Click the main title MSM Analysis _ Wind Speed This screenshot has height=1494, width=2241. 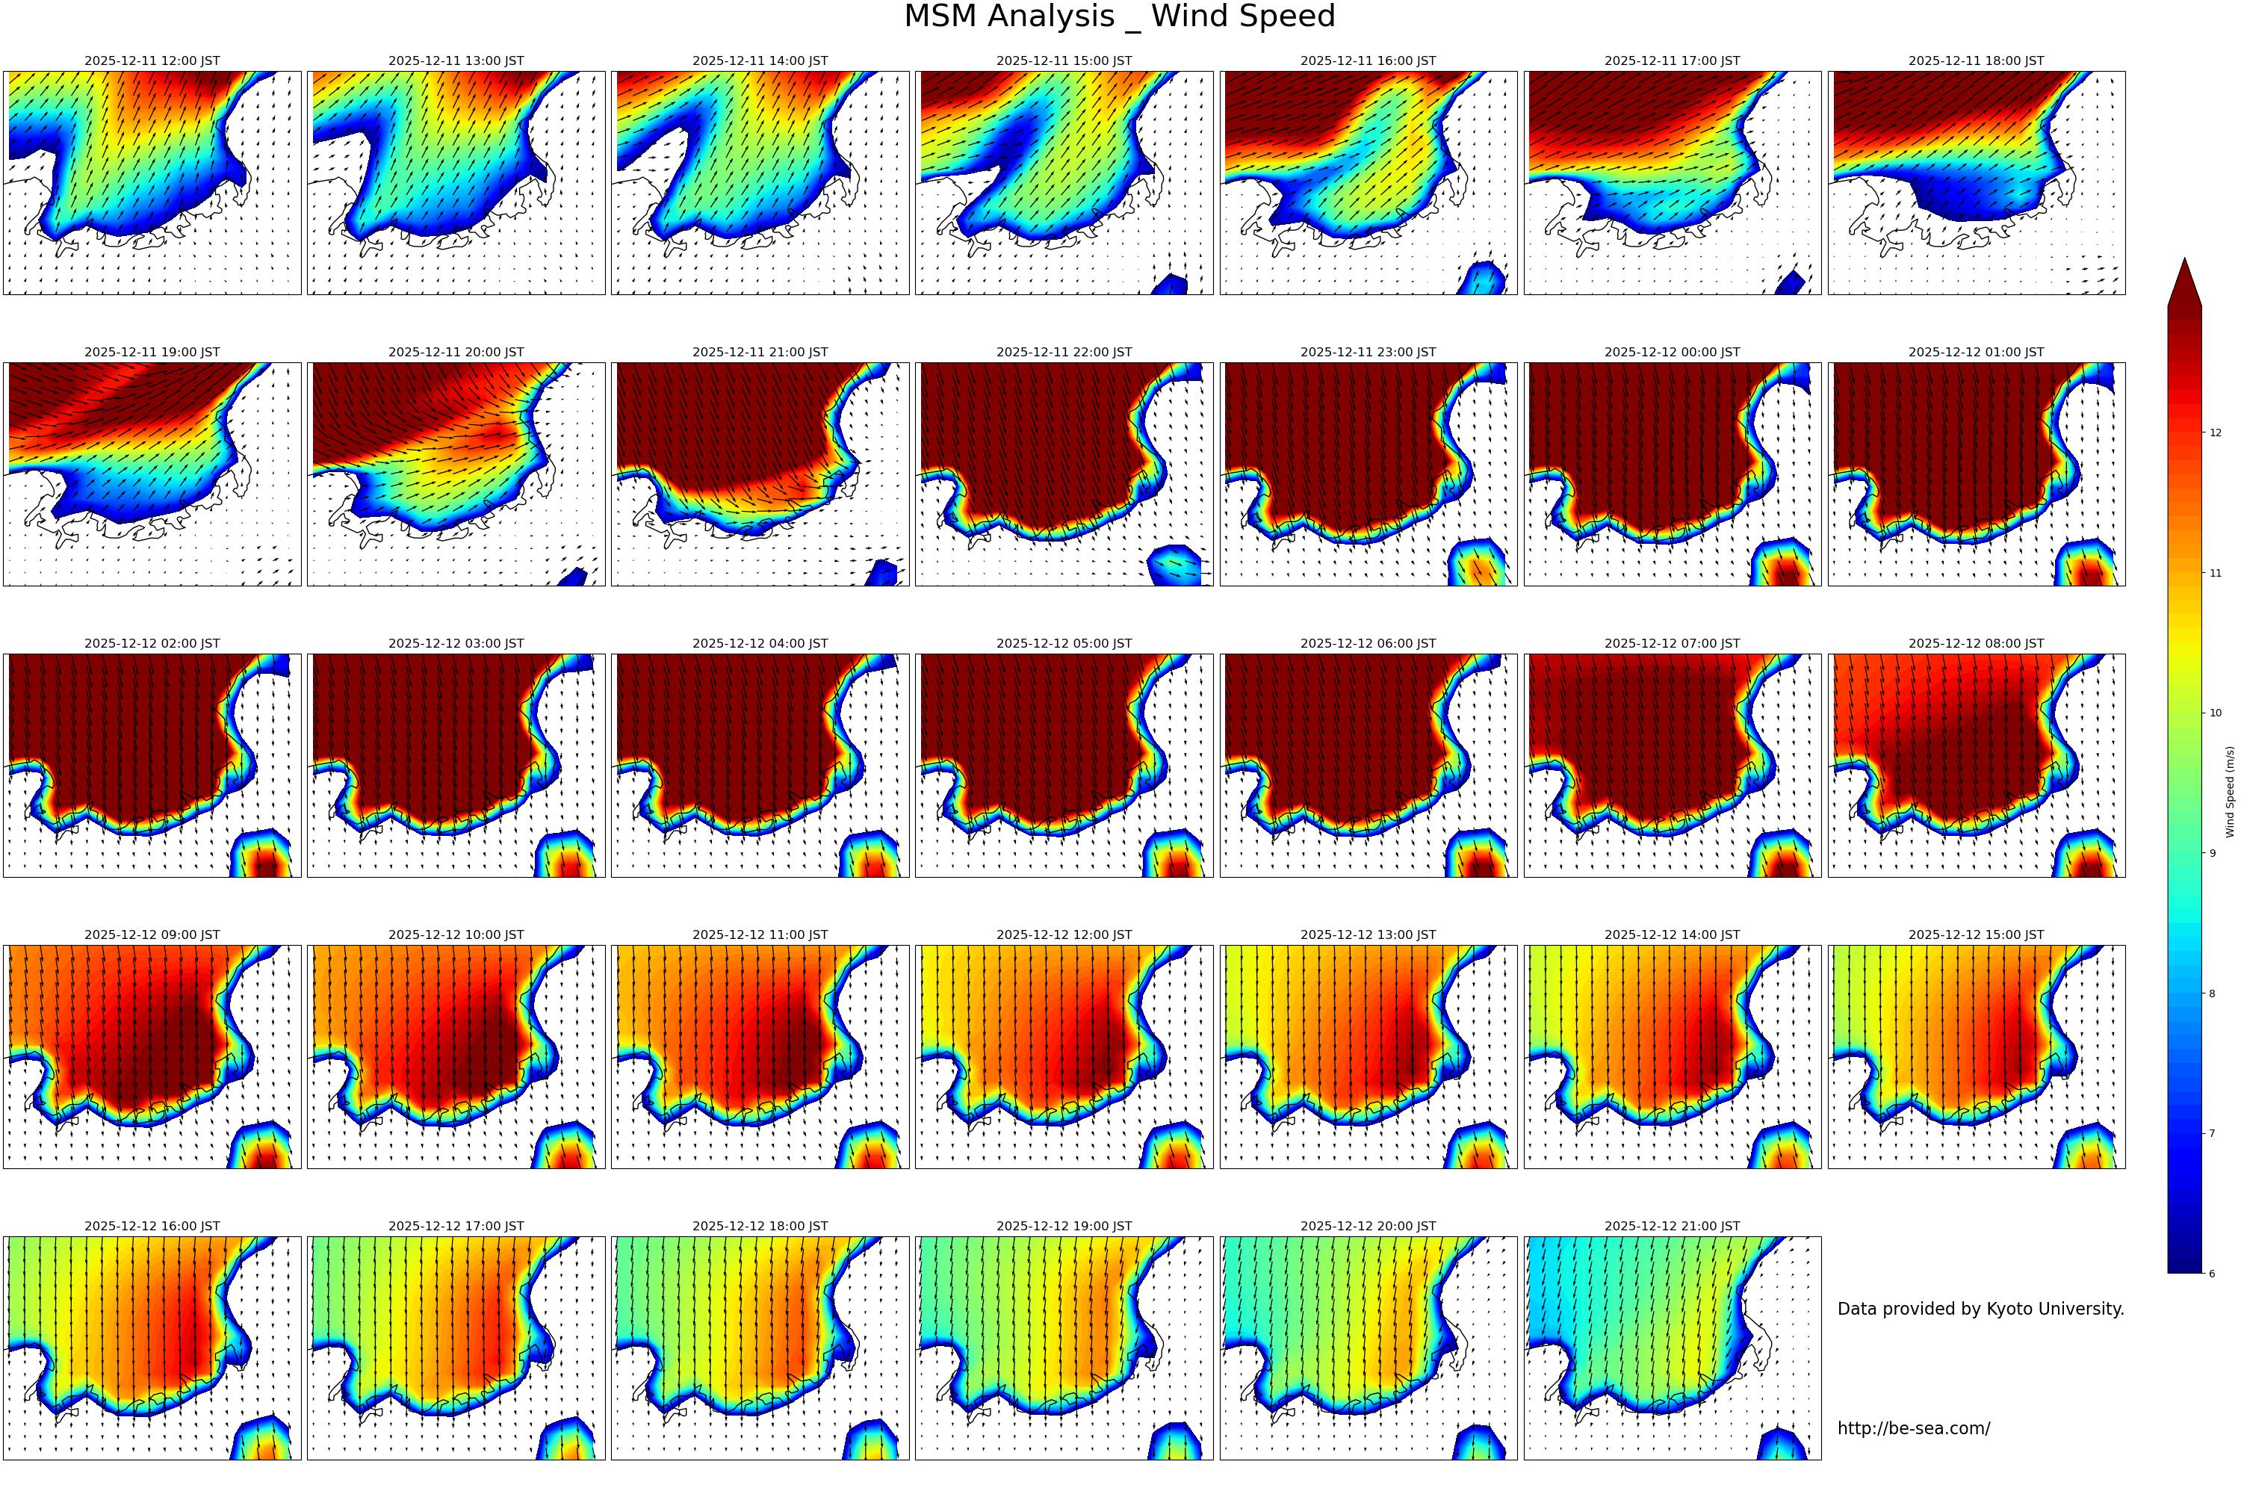point(1120,16)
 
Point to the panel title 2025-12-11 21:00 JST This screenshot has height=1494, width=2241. point(760,353)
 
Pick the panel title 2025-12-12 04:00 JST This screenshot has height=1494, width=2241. point(760,644)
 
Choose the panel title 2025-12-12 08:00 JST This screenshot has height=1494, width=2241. point(1975,644)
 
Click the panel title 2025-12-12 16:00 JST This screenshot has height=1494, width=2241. point(152,1227)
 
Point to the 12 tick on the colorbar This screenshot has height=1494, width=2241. point(2216,433)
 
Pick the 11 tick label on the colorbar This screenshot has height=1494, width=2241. point(2216,574)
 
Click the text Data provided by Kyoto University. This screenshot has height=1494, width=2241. point(1980,1309)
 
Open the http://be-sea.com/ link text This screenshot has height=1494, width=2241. point(1913,1428)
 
